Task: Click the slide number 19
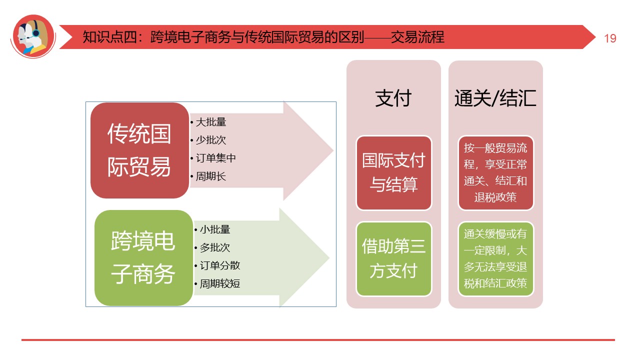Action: [610, 38]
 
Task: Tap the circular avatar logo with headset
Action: [33, 36]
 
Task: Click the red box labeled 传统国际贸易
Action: [139, 150]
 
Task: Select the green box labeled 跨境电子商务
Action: [143, 258]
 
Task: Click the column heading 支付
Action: [393, 98]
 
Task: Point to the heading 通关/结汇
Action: [495, 98]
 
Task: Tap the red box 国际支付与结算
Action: [393, 173]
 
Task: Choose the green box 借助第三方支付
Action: [393, 259]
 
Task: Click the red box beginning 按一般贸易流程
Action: [495, 173]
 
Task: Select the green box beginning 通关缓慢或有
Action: [495, 259]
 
